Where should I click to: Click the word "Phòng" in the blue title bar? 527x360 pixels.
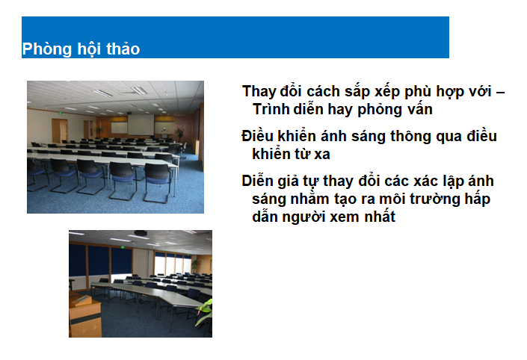point(46,49)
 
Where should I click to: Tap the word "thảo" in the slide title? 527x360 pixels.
point(123,49)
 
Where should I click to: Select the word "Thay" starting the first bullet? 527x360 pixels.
point(258,92)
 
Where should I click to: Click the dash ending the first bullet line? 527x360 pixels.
point(500,93)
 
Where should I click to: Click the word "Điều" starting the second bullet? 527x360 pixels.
point(257,136)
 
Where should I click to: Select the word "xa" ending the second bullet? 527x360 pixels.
point(322,155)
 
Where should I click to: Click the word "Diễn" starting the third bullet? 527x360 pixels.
point(257,181)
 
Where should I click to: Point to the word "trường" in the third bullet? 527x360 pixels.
point(434,199)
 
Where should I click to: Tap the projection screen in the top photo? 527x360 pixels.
point(141,125)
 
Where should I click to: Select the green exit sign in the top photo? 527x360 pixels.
point(61,114)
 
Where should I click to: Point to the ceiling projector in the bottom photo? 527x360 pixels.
point(141,233)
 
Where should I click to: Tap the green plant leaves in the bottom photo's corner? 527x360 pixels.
point(205,312)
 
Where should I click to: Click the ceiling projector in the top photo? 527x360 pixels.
point(130,113)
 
